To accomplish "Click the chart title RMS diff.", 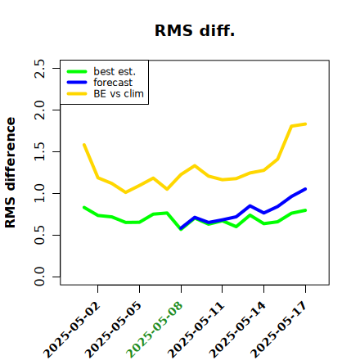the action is pos(195,30).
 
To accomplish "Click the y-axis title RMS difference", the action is pos(10,173).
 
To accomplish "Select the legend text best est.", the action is pos(115,71).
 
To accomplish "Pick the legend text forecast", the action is pos(113,83).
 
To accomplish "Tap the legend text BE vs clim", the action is pos(119,93).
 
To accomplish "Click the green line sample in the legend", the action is pos(77,72).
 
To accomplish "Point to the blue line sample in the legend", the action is pos(77,83).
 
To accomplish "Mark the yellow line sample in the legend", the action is pos(77,94).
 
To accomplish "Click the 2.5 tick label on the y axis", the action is pos(39,68).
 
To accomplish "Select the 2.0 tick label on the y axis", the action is pos(39,110).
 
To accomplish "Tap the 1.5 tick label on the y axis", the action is pos(39,151).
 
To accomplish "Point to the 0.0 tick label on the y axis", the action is pos(39,277).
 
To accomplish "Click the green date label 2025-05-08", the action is pos(155,330).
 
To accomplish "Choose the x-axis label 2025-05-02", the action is pos(71,330).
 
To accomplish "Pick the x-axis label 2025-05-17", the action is pos(279,330).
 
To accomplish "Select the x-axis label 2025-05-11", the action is pos(196,330).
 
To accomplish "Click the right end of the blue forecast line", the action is pos(305,189).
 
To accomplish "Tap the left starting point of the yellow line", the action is pos(84,145).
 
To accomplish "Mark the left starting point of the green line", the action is pos(84,208).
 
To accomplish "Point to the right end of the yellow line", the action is pos(305,124).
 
